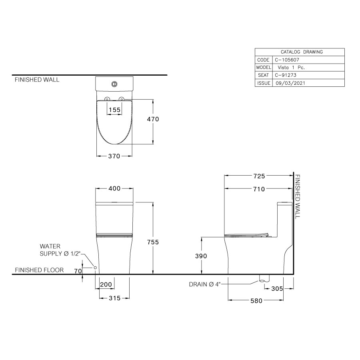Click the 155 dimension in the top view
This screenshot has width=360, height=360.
tap(114, 110)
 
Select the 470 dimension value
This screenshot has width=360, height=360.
tap(153, 119)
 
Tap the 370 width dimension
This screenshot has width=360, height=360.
tap(114, 156)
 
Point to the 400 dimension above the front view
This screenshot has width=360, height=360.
tap(115, 188)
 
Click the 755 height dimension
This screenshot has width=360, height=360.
tap(153, 242)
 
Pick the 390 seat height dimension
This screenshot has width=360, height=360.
tap(201, 256)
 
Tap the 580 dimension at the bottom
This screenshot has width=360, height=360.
tap(256, 301)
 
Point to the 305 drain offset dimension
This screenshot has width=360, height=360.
tap(276, 288)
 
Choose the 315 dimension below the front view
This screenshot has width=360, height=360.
tap(114, 298)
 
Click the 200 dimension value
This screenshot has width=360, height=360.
tap(106, 284)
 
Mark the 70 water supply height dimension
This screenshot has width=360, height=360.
tap(78, 271)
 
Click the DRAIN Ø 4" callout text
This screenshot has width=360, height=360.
tap(205, 285)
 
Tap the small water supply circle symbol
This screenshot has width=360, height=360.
tap(95, 267)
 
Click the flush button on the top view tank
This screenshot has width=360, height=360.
tap(114, 84)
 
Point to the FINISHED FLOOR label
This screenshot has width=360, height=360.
tap(39, 270)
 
